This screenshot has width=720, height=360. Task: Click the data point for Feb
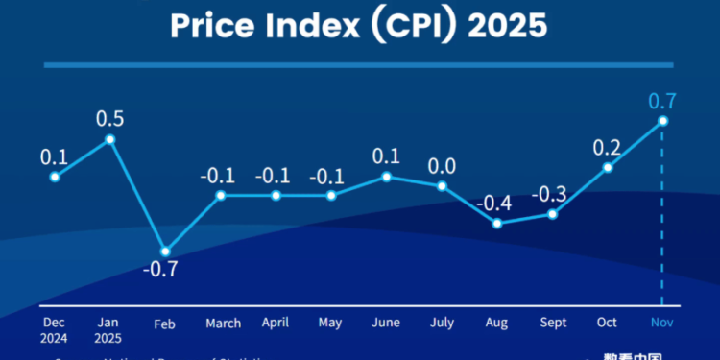pyautogui.click(x=165, y=252)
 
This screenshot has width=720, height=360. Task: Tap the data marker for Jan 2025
pyautogui.click(x=110, y=139)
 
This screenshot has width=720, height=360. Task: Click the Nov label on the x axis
pyautogui.click(x=662, y=324)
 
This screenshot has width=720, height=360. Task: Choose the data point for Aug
pyautogui.click(x=497, y=224)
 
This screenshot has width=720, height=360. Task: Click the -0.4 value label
pyautogui.click(x=497, y=204)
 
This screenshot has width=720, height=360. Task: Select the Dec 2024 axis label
pyautogui.click(x=54, y=330)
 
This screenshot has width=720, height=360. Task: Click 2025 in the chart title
pyautogui.click(x=508, y=26)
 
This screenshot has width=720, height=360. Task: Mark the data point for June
pyautogui.click(x=387, y=177)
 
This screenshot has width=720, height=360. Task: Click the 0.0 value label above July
pyautogui.click(x=442, y=165)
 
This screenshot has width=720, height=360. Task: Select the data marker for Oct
pyautogui.click(x=608, y=167)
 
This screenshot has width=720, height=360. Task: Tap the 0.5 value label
pyautogui.click(x=110, y=118)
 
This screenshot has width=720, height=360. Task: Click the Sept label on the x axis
pyautogui.click(x=552, y=324)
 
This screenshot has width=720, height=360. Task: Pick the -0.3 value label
pyautogui.click(x=552, y=193)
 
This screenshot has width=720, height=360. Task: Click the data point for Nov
pyautogui.click(x=662, y=121)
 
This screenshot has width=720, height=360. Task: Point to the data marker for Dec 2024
pyautogui.click(x=55, y=177)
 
